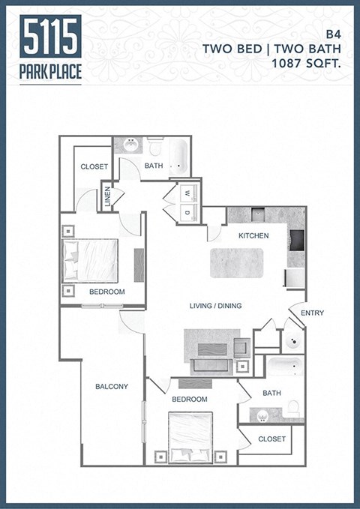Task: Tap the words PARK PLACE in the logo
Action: pyautogui.click(x=51, y=73)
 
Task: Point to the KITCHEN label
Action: pyautogui.click(x=253, y=236)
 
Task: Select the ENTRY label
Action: pyautogui.click(x=311, y=313)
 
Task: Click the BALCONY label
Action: pyautogui.click(x=112, y=387)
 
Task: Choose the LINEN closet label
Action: pyautogui.click(x=108, y=196)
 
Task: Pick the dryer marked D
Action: pyautogui.click(x=187, y=214)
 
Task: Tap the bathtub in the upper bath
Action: pyautogui.click(x=178, y=156)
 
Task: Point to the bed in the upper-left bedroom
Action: pyautogui.click(x=91, y=260)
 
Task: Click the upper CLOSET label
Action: pyautogui.click(x=94, y=166)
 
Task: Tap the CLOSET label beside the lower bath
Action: pyautogui.click(x=271, y=439)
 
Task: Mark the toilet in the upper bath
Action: pyautogui.click(x=155, y=145)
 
